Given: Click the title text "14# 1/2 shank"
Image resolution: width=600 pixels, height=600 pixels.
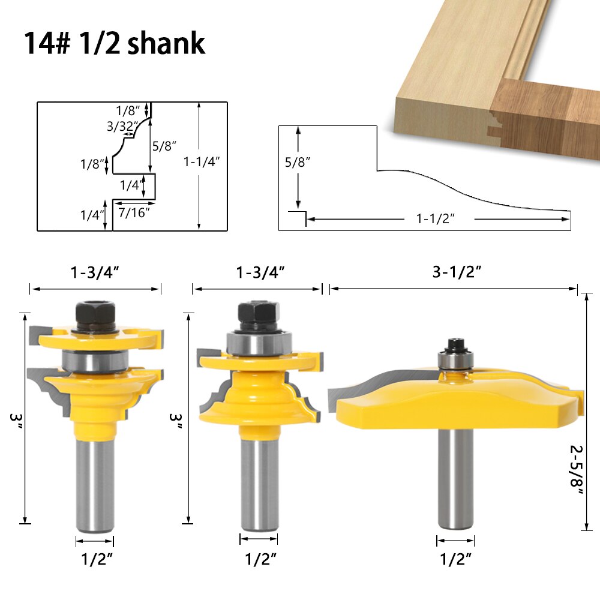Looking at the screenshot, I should tap(115, 43).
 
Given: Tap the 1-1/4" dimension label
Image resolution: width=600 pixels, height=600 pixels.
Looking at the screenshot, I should tap(202, 161).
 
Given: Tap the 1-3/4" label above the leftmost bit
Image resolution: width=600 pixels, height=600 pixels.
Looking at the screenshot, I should tap(96, 272).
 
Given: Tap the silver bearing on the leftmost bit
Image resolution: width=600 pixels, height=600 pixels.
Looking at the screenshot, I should tap(95, 362).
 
